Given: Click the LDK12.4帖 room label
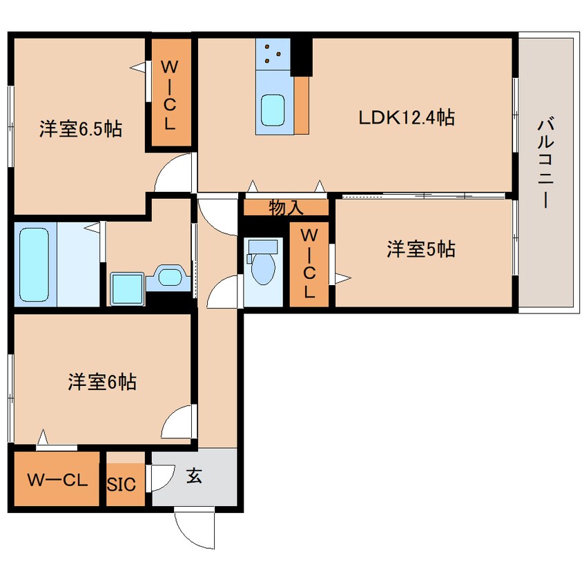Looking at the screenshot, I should point(405,118).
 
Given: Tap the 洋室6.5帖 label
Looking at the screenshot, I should point(80,129).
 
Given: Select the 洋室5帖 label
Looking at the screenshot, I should point(420,249).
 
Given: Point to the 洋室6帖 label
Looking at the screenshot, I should point(101,382).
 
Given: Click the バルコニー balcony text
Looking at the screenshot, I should point(547,163).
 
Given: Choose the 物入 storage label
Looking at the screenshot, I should point(286,207).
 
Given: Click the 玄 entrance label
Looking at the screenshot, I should point(195,476).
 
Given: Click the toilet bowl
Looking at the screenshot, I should point(263,265).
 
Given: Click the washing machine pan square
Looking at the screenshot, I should point(126,289).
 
